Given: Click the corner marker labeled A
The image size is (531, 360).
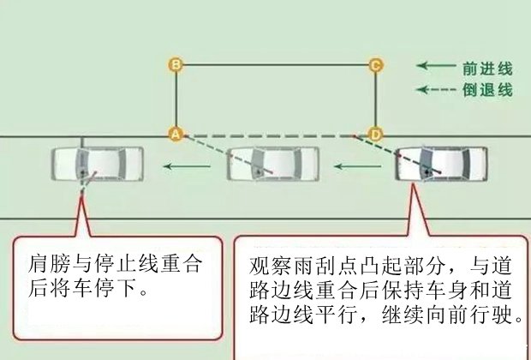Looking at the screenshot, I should (175, 135).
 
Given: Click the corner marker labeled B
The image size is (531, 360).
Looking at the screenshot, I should (175, 64).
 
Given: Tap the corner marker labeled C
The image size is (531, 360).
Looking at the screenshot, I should (374, 64).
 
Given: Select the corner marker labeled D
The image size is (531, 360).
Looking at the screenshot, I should (374, 135).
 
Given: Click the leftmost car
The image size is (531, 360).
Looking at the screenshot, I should (97, 165).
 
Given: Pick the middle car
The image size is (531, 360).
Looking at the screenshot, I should (273, 165).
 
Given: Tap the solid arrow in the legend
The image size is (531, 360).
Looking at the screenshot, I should (433, 65).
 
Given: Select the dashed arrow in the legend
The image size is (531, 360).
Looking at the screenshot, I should (433, 89).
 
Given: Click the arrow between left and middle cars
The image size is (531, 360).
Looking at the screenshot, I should (186, 165).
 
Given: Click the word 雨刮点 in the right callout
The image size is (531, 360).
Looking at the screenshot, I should (313, 263).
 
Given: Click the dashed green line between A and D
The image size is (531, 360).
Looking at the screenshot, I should (274, 135).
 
